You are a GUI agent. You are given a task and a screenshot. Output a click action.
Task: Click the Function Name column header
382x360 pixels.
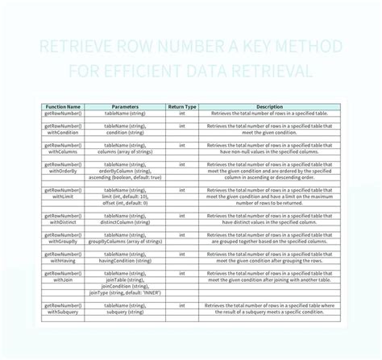62,106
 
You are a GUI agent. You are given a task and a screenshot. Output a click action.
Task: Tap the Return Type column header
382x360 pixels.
182,106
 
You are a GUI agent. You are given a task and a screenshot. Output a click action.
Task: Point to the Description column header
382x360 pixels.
269,106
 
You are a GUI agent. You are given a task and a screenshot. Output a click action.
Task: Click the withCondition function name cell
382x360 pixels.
62,133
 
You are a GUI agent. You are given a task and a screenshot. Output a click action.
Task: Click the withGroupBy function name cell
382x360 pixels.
62,241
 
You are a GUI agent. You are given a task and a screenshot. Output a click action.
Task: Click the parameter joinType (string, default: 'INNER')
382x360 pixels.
125,295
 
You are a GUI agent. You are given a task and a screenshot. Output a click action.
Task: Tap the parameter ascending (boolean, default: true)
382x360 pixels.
125,177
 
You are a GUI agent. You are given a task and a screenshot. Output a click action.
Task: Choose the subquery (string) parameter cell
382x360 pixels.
125,312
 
